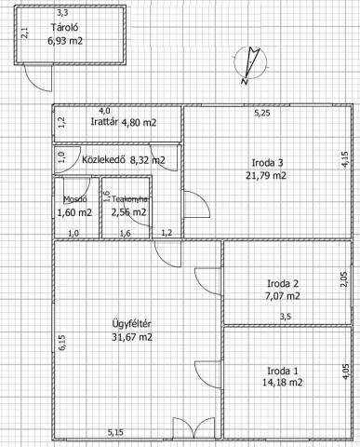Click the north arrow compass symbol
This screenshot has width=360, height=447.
[250, 63]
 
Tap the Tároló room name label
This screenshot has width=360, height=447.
[65, 27]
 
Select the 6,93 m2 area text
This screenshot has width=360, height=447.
[65, 41]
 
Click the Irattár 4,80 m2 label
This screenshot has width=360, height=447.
[124, 122]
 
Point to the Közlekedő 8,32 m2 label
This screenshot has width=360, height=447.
[124, 160]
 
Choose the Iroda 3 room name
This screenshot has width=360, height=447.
[267, 163]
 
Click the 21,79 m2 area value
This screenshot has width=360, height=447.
[266, 176]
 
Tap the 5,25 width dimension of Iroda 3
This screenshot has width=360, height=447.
[262, 114]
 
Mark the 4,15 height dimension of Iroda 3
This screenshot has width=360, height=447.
[345, 159]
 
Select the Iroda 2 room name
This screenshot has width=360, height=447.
[283, 283]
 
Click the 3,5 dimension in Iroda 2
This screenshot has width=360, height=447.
[286, 317]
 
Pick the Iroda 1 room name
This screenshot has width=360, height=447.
[283, 371]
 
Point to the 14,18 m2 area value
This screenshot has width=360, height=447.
[283, 383]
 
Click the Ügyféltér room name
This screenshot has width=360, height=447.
[131, 324]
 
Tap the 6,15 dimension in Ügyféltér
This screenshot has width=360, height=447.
[62, 343]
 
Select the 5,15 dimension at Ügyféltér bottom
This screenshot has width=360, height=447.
[115, 432]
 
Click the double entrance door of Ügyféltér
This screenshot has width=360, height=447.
[193, 428]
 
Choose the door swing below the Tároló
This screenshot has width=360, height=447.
[38, 78]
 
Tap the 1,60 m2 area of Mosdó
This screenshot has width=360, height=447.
[74, 213]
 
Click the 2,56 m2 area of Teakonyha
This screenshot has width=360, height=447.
[128, 212]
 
